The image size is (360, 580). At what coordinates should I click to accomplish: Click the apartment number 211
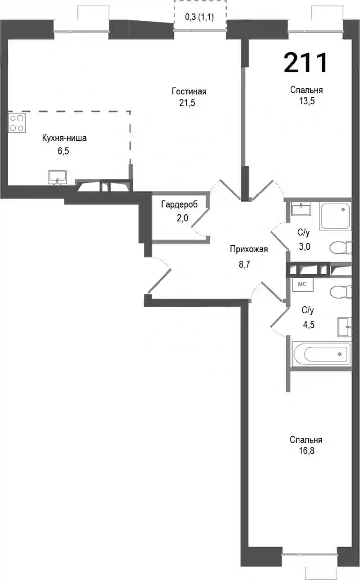click(x=306, y=63)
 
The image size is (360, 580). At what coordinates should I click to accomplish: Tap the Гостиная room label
click(x=189, y=91)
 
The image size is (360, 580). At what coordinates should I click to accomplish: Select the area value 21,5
click(x=187, y=103)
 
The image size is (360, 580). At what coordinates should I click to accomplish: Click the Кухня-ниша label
click(x=64, y=138)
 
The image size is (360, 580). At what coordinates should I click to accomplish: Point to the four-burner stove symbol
click(x=17, y=123)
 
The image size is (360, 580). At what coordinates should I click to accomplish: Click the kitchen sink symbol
click(x=57, y=177)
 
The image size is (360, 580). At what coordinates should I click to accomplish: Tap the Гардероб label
click(x=180, y=204)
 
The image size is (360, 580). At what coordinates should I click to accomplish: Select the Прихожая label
click(x=249, y=249)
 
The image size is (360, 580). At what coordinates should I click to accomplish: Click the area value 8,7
click(x=244, y=264)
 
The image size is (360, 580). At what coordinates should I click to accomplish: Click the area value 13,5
click(x=307, y=101)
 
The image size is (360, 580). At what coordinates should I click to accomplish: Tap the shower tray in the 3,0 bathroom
click(x=335, y=217)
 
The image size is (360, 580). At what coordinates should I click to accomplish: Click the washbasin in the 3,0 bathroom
click(x=301, y=209)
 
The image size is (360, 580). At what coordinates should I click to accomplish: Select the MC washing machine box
click(x=302, y=284)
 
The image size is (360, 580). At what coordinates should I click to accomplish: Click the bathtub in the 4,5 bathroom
click(x=321, y=354)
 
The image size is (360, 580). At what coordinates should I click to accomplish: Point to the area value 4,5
click(x=309, y=324)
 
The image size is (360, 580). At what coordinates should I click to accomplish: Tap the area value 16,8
click(x=306, y=451)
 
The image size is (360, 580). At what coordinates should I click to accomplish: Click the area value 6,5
click(x=63, y=151)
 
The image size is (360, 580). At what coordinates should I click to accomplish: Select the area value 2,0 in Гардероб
click(x=182, y=218)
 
